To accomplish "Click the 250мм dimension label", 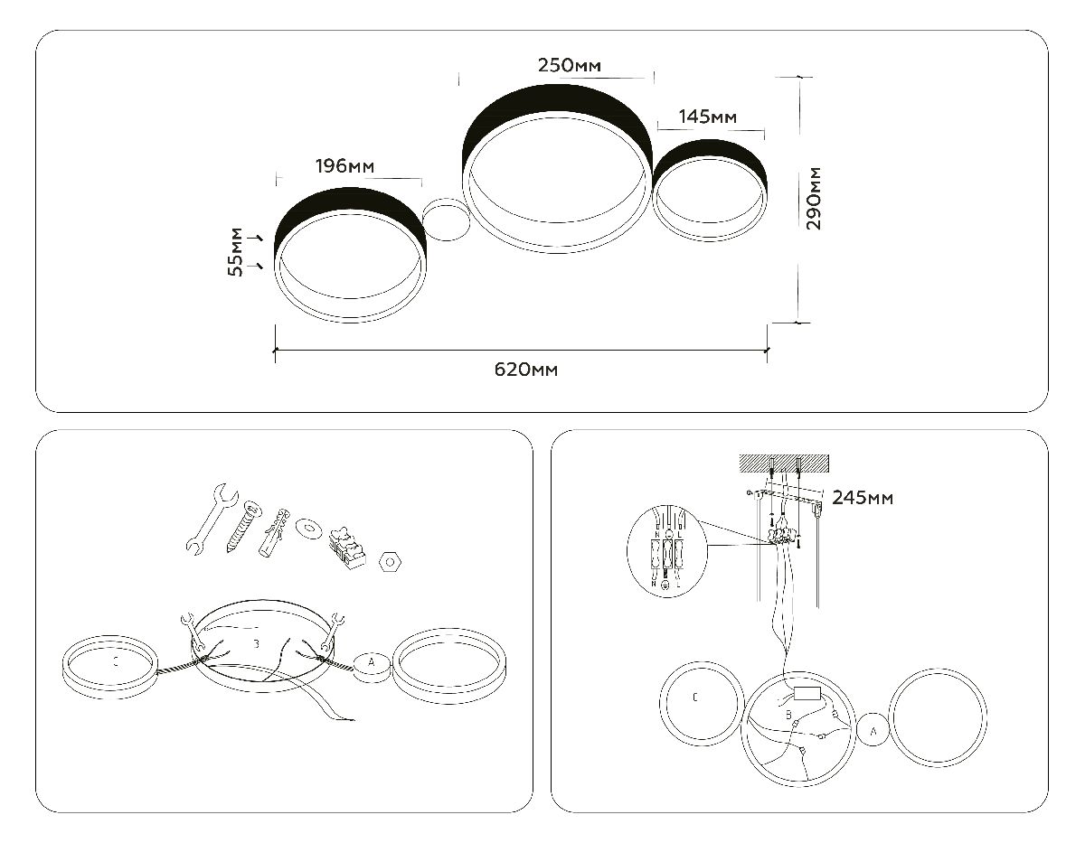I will tap(570, 65).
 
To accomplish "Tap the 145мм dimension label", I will tap(708, 117).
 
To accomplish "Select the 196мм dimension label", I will tap(344, 166).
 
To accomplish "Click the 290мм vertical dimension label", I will tap(814, 199).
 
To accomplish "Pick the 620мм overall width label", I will tap(525, 370).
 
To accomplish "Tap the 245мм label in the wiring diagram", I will tap(863, 498).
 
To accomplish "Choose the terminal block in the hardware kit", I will tap(344, 545).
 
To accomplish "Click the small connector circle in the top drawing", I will tap(446, 220).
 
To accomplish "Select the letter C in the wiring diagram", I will tap(693, 698).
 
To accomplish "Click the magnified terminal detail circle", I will tap(667, 549).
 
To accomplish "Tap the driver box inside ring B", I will tap(807, 696).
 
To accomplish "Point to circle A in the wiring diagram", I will tap(873, 730).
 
